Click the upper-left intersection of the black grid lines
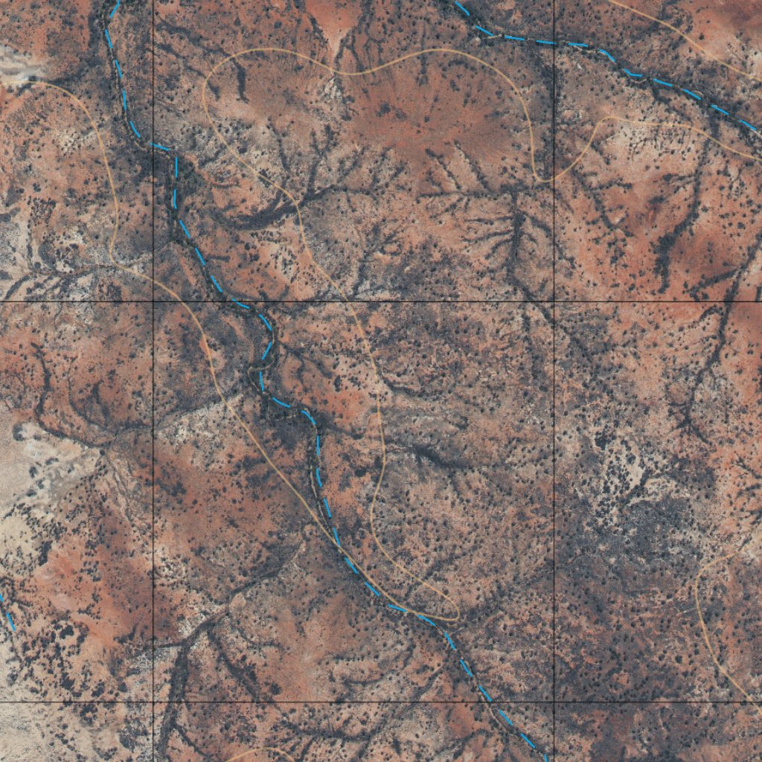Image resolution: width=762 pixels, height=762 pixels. (x=153, y=301)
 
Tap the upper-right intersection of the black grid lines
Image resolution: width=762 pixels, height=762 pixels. (x=554, y=301)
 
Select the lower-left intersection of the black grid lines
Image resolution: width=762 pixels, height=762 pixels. (x=153, y=701)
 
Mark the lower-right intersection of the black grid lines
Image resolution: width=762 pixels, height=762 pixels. (x=554, y=701)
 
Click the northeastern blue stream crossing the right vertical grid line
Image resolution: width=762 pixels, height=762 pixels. (x=554, y=42)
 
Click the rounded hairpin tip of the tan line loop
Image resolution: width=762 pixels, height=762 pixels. (x=454, y=618)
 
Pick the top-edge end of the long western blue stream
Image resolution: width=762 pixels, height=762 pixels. (x=116, y=1)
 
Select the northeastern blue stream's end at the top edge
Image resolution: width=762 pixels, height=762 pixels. (x=456, y=1)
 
